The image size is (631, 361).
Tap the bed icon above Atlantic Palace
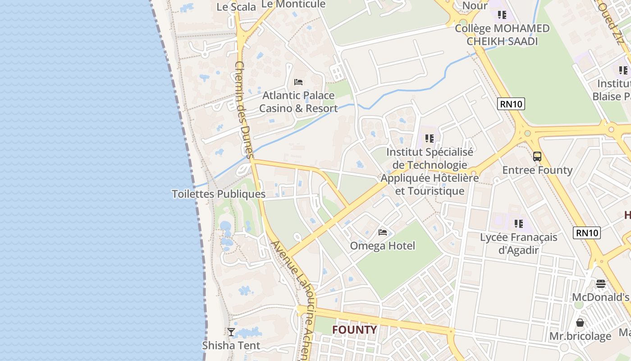coord(298,82)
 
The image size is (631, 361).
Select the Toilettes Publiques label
coord(219,194)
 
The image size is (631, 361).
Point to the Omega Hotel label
coord(383,246)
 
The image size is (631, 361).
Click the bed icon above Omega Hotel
coord(383,232)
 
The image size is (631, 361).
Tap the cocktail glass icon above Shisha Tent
coord(231,332)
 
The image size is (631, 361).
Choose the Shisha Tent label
coord(231,346)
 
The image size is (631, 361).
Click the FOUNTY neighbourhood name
coord(354,330)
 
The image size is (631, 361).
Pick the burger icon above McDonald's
coord(600,284)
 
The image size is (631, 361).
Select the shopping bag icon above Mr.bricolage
coord(580,323)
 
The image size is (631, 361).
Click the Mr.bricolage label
coord(580,336)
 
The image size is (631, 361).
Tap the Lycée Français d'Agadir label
coord(518,243)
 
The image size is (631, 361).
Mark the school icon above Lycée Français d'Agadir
coord(518,223)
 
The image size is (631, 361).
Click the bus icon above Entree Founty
coord(537,157)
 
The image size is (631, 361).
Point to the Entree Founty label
coord(537,170)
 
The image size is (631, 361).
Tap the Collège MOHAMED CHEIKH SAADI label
coord(502,35)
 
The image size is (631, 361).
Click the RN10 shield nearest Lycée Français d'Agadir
coord(587,233)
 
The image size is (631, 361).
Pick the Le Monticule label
coord(293,4)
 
